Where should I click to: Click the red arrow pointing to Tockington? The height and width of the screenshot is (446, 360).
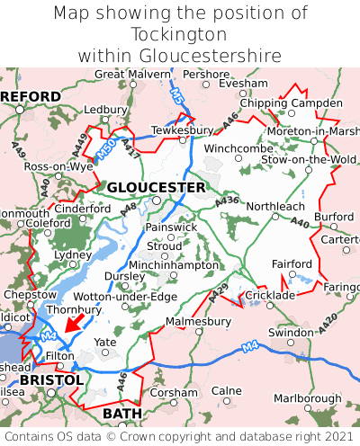pos(75,321)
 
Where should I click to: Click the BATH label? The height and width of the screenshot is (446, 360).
pos(122,413)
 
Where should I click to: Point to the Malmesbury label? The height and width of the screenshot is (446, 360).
pos(198,320)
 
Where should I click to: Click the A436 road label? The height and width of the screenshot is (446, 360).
pos(228,199)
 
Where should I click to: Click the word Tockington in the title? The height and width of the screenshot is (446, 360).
pos(179,34)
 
